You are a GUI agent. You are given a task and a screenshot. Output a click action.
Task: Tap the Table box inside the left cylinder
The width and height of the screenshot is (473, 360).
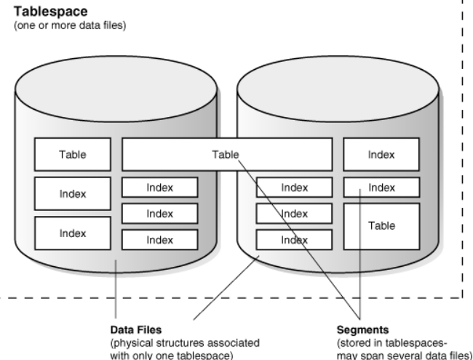click(73, 154)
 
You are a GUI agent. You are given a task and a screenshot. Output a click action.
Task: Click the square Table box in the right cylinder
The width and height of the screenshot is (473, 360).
click(381, 226)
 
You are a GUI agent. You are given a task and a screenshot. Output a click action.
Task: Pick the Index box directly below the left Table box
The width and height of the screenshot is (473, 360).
click(73, 193)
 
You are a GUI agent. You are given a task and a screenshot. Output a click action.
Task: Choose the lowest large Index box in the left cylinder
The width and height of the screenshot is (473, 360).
click(73, 233)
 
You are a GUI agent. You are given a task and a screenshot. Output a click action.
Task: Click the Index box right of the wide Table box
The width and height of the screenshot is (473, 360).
click(381, 154)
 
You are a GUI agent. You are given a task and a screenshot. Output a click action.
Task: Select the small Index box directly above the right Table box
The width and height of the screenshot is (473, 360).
click(381, 187)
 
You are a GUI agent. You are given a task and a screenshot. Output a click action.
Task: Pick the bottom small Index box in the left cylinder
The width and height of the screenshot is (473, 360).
click(159, 239)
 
